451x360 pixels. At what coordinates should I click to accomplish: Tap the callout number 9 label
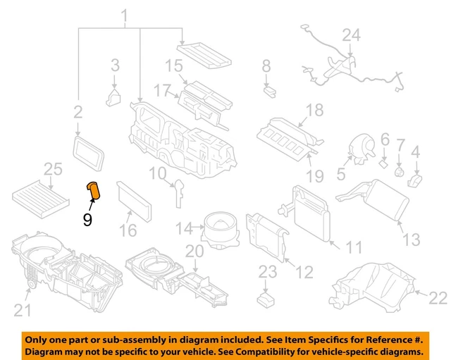[87, 220]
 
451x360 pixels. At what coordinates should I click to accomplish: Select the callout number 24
[351, 35]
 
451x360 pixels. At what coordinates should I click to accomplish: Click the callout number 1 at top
[126, 15]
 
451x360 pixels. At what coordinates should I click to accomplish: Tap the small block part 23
[266, 300]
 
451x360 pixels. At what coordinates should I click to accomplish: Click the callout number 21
[23, 309]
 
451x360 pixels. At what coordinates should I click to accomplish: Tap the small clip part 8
[268, 89]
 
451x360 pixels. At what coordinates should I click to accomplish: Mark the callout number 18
[314, 110]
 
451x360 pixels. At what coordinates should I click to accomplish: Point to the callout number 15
[173, 67]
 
